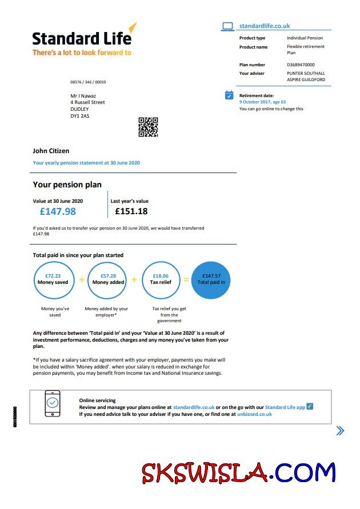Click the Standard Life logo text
[82, 38]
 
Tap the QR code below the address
[148, 127]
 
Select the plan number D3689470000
[301, 65]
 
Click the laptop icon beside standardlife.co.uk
[227, 26]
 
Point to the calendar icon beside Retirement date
[229, 95]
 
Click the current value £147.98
[58, 211]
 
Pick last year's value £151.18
[131, 211]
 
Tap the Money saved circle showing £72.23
[53, 279]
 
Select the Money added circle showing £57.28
[108, 279]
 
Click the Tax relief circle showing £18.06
[162, 279]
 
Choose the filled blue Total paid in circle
[211, 279]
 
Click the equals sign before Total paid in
[186, 280]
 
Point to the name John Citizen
[51, 151]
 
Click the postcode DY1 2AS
[80, 116]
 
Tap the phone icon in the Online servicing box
[52, 406]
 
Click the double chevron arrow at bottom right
[340, 431]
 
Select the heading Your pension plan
[67, 185]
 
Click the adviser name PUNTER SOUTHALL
[306, 73]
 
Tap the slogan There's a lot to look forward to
[82, 53]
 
